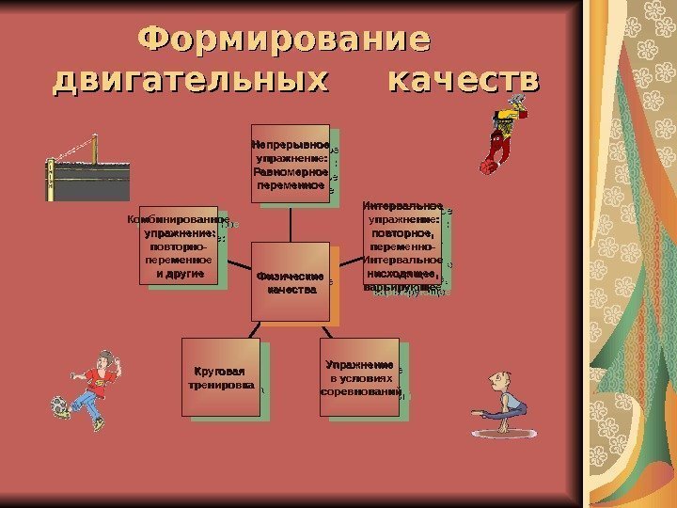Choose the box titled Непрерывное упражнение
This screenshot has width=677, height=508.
click(290, 164)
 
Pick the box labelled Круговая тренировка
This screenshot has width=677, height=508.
click(221, 378)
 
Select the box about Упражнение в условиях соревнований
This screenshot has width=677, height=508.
click(361, 378)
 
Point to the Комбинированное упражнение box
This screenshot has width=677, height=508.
click(178, 245)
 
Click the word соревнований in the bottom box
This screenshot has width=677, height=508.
click(361, 390)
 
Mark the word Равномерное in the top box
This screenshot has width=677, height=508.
click(290, 172)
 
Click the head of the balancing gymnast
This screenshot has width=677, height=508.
click(495, 381)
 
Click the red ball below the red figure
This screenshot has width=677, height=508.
click(487, 167)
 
